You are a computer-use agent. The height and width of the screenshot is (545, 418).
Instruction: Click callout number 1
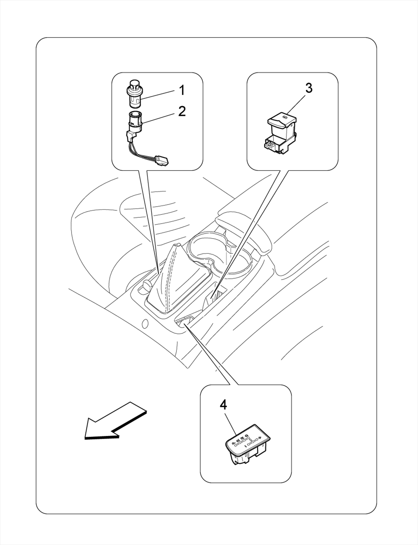[x=182, y=90]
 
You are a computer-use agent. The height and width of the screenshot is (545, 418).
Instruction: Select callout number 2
[x=182, y=111]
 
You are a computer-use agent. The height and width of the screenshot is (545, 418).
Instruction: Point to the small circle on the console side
[x=145, y=324]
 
